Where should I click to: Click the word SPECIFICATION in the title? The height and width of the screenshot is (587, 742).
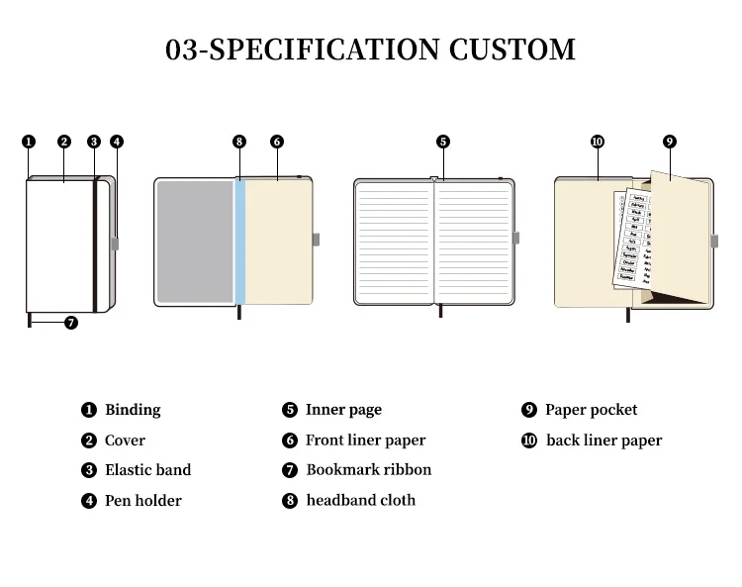tap(325, 49)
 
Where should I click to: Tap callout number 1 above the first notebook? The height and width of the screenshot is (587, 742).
tap(29, 142)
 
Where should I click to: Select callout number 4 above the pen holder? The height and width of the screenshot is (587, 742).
tap(117, 142)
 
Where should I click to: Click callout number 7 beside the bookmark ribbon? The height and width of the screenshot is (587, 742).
tap(70, 322)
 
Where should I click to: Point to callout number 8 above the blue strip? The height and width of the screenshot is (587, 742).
tap(239, 142)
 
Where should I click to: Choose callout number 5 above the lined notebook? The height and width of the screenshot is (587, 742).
tap(443, 142)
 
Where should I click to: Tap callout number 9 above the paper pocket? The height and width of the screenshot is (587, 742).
tap(670, 142)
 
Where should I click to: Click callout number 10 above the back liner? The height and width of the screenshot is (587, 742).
tap(597, 142)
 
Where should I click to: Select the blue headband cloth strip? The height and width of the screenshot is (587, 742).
tap(239, 243)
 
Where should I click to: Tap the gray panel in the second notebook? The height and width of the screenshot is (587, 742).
tap(195, 243)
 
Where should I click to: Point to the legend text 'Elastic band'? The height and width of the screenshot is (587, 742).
tap(147, 470)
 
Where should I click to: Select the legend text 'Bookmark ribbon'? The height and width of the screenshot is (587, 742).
tap(368, 470)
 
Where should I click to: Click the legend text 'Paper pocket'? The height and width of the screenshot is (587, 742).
tap(591, 410)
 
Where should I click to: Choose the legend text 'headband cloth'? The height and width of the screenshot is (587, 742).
tap(360, 500)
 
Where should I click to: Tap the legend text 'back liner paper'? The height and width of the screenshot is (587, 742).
tap(603, 440)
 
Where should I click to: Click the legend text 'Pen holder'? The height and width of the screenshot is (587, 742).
tap(142, 501)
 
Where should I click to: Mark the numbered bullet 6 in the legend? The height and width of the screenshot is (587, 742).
tap(290, 440)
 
